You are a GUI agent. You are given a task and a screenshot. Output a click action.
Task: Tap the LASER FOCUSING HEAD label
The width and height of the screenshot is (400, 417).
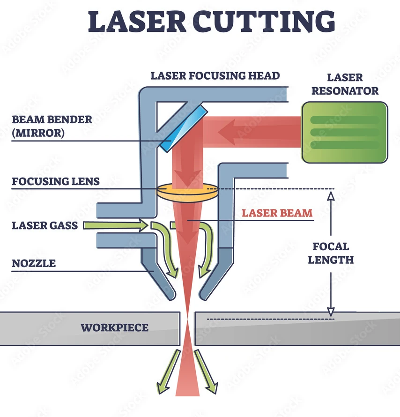point(215,75)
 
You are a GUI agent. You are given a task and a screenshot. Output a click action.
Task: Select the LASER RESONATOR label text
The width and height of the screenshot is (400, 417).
point(345,84)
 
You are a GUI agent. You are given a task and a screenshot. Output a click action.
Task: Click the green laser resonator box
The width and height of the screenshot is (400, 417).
point(345,133)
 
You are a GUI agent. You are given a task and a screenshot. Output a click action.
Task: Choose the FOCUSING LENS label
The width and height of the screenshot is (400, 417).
point(56,181)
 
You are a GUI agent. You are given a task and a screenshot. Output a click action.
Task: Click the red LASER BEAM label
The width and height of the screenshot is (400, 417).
point(277,213)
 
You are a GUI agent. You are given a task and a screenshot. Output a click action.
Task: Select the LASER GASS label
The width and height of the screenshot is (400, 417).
point(45,226)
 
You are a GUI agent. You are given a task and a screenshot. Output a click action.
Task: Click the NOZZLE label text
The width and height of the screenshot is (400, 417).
point(34,263)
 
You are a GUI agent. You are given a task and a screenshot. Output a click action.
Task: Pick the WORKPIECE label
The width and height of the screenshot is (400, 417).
point(114,328)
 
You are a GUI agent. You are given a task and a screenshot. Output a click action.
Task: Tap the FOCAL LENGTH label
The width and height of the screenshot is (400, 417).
point(331,253)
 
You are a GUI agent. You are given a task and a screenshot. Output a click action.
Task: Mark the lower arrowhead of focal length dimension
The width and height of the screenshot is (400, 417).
point(331,312)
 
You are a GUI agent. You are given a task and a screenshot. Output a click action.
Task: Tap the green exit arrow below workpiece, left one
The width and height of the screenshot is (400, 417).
point(167,370)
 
